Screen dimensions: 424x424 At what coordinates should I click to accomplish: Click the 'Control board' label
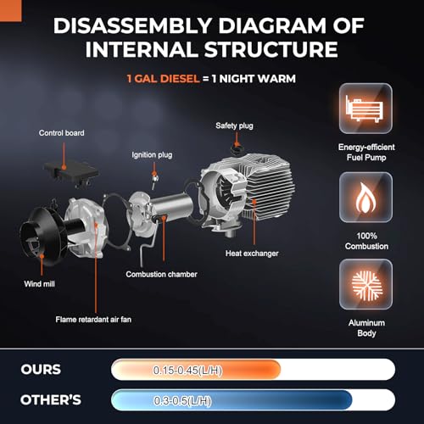61,133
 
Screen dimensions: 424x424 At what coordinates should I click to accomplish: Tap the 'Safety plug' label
234,126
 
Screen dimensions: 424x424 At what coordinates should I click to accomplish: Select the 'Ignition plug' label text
152,155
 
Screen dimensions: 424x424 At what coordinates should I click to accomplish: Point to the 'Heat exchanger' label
252,254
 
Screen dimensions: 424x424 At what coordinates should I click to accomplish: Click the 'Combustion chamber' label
161,274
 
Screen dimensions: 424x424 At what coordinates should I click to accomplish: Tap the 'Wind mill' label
39,284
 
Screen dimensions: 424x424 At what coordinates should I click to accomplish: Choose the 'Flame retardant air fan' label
93,320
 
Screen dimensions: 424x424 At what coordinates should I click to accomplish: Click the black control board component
71,172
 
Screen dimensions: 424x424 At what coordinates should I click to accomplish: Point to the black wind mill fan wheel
42,236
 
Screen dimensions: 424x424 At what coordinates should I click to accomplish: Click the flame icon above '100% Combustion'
365,198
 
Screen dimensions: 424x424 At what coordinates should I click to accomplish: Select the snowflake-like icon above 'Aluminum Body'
365,284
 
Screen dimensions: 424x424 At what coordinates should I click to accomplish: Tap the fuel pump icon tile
365,109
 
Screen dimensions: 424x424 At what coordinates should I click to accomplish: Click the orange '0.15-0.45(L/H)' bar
196,370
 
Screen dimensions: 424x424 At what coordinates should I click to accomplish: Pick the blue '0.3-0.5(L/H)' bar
232,400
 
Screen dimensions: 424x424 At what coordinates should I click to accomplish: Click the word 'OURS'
41,370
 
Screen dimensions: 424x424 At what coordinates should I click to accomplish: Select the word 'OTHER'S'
51,400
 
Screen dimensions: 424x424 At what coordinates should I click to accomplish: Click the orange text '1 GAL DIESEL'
163,79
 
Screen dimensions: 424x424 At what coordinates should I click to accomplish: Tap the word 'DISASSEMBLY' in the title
133,25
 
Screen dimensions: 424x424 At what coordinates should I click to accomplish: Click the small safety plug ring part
237,149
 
